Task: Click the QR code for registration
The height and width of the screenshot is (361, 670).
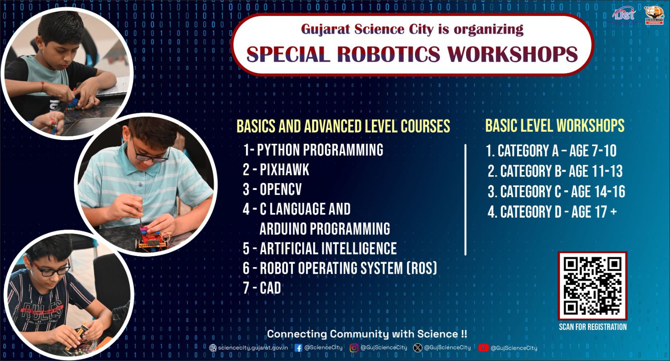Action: pos(592,286)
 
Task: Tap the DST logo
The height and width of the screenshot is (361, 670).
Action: pos(624,14)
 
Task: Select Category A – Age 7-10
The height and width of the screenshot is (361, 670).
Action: pos(551,151)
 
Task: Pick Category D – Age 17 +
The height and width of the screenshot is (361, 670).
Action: pos(552,212)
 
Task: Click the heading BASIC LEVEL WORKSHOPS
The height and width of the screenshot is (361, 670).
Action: pos(555,125)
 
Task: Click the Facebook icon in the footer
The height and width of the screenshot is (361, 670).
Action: pos(298,348)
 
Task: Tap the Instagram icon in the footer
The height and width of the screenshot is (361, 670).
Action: pos(354,348)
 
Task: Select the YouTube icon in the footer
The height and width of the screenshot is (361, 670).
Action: pos(483,348)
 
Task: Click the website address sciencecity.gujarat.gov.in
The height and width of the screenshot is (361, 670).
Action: pos(253,348)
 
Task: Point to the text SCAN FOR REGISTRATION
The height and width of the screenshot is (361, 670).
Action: pos(593,327)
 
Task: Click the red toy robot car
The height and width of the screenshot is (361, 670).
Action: pos(152,239)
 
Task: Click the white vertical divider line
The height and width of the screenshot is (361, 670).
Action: pos(465,200)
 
